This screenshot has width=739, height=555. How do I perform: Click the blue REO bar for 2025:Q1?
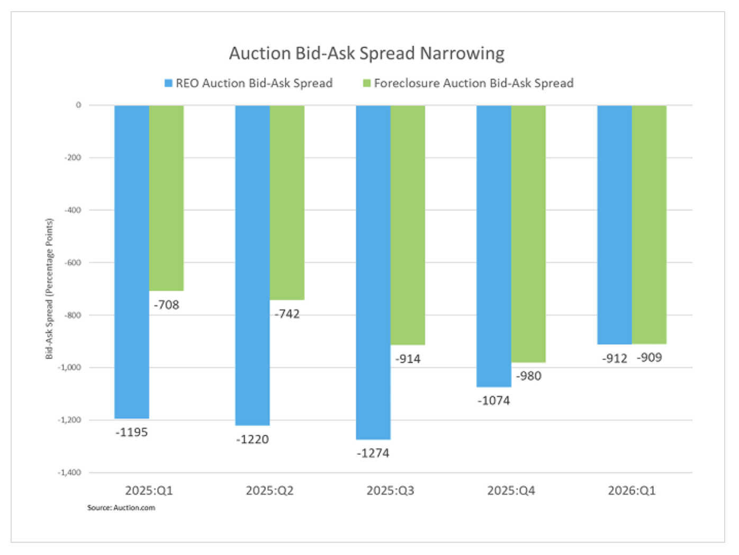(x=132, y=262)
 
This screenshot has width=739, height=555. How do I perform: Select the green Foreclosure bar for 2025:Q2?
(x=287, y=202)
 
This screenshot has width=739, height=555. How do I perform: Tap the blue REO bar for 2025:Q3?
(x=373, y=272)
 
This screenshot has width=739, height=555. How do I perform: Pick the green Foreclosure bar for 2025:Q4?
(x=528, y=234)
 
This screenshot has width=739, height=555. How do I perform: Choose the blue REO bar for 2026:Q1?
(x=615, y=225)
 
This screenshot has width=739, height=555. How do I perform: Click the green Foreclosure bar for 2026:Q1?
(x=649, y=225)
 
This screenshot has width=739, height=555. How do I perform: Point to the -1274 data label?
(x=373, y=453)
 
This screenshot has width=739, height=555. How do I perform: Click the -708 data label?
(x=167, y=305)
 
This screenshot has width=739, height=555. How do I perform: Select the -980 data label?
(x=529, y=376)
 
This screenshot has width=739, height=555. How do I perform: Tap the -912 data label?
(x=615, y=359)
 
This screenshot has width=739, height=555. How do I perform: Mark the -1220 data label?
(x=253, y=440)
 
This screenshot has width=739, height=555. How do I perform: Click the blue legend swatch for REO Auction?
(x=168, y=83)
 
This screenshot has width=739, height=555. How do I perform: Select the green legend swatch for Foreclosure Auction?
(x=366, y=83)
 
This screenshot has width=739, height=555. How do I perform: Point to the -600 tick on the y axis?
(x=73, y=263)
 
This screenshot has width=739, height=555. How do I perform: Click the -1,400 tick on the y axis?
(x=70, y=472)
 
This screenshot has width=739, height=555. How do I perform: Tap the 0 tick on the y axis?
(x=78, y=105)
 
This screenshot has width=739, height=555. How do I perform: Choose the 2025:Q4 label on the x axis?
(x=511, y=490)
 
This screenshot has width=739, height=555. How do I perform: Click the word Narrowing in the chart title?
(x=462, y=53)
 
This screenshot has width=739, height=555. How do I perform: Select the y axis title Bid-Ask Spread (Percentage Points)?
(x=49, y=289)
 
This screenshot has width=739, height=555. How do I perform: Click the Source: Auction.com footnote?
(x=121, y=508)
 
